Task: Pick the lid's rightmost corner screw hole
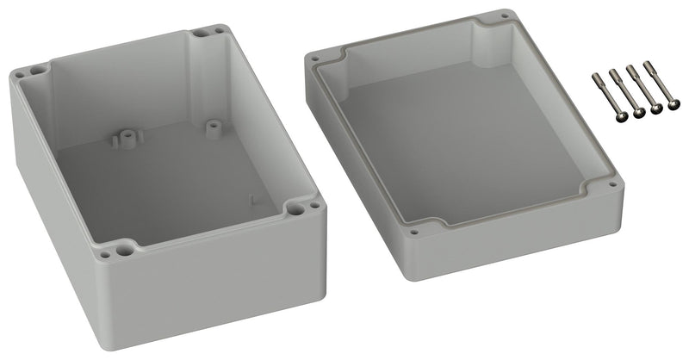point(613,182)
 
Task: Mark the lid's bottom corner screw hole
point(414,232)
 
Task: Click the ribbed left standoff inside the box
point(126,137)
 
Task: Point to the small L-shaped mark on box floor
point(251,201)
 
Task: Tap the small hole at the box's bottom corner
point(105,255)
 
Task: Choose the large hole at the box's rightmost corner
point(296,209)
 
